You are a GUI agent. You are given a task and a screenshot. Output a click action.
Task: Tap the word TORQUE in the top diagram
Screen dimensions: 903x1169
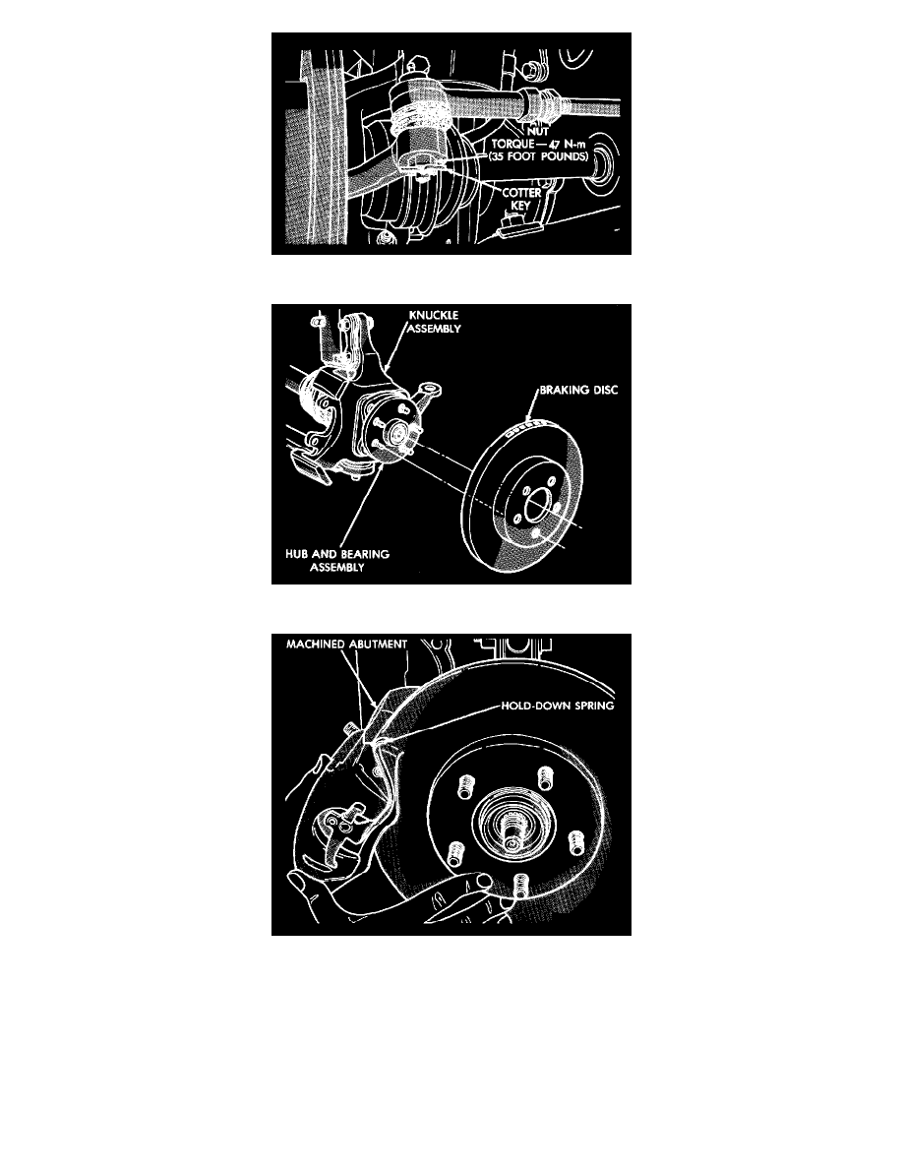[x=512, y=143]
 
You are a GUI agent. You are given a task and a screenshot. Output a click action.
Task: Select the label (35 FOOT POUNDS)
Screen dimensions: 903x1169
[x=538, y=156]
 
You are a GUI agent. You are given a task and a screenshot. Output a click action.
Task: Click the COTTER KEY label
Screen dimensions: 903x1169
[x=520, y=199]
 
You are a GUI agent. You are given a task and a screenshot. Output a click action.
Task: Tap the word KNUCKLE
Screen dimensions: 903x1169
[x=434, y=315]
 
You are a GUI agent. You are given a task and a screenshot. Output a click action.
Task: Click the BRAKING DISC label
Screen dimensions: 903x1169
[x=579, y=390]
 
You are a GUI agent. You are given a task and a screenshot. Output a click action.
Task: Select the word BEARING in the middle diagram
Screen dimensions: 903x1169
[x=366, y=554]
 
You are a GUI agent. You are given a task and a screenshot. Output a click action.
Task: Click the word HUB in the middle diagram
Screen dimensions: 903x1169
[x=297, y=554]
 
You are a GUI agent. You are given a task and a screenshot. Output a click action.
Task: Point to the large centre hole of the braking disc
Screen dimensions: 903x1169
[x=539, y=508]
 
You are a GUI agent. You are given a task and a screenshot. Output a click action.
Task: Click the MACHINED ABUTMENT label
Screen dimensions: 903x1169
[x=346, y=645]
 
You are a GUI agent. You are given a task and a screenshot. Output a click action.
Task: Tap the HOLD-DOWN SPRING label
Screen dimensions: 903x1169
[x=558, y=706]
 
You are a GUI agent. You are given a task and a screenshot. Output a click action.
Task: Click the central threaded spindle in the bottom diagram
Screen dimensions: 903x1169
[x=513, y=831]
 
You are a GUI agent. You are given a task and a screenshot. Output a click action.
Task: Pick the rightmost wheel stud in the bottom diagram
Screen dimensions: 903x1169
[x=575, y=842]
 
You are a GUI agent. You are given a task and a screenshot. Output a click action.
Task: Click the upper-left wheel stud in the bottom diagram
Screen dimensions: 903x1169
[x=465, y=785]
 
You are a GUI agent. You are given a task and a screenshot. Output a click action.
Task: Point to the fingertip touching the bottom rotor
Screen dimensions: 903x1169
[x=483, y=881]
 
